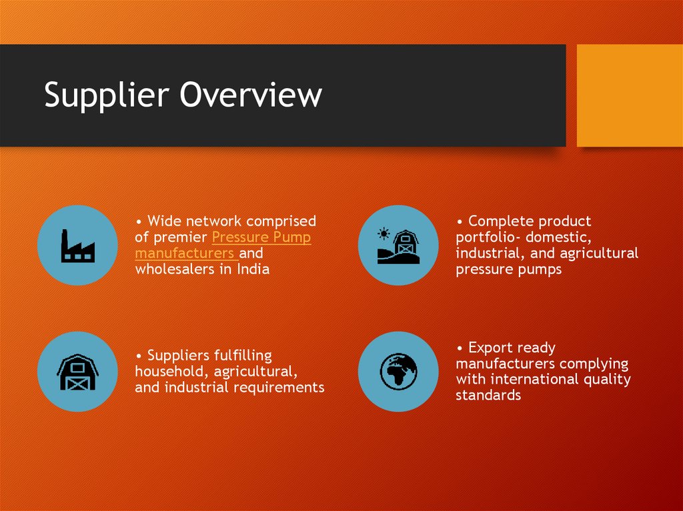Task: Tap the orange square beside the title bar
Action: [x=630, y=95]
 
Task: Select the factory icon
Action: [x=77, y=245]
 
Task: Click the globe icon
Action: [x=398, y=371]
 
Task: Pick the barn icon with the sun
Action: [x=398, y=245]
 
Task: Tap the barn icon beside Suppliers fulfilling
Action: [x=77, y=371]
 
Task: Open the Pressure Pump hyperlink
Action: [x=261, y=238]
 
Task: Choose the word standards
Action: [x=488, y=395]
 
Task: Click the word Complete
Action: [x=501, y=221]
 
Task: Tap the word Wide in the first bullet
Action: [x=164, y=221]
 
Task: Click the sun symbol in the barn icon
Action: [x=384, y=234]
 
